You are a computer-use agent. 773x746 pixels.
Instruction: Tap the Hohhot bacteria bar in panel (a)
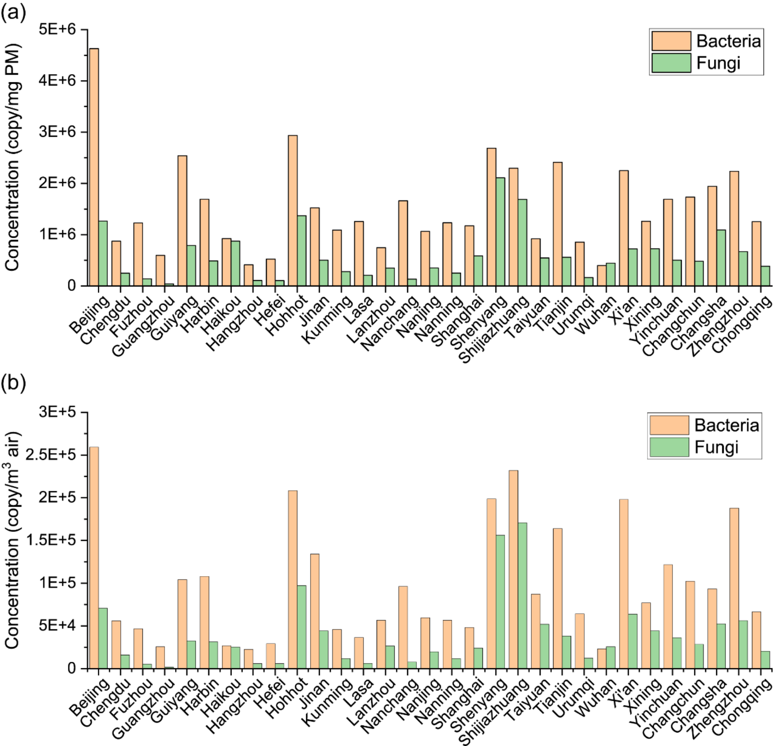click(293, 211)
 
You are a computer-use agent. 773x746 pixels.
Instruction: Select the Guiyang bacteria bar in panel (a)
click(182, 221)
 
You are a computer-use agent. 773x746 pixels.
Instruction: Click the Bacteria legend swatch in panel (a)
click(671, 41)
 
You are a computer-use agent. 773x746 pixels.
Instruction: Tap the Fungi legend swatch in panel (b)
click(669, 447)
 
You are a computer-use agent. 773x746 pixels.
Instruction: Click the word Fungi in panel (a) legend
click(718, 63)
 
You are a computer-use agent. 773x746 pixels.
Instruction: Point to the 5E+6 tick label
click(58, 30)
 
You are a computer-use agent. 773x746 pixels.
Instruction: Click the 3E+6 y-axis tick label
click(58, 132)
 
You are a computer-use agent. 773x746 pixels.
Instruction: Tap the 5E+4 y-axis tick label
click(58, 626)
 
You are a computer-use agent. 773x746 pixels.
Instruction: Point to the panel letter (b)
click(13, 383)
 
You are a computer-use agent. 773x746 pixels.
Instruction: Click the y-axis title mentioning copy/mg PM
click(12, 157)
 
